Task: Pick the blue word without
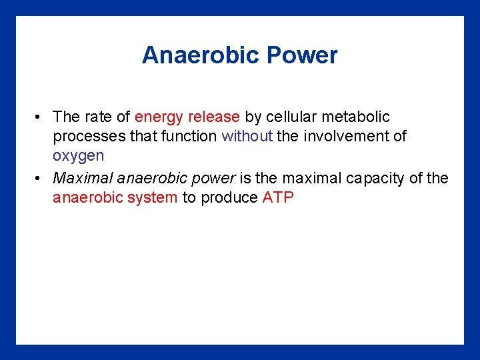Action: click(x=247, y=136)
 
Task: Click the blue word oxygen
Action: click(x=79, y=156)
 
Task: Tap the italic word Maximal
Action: click(x=79, y=178)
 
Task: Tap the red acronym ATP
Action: click(x=278, y=197)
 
